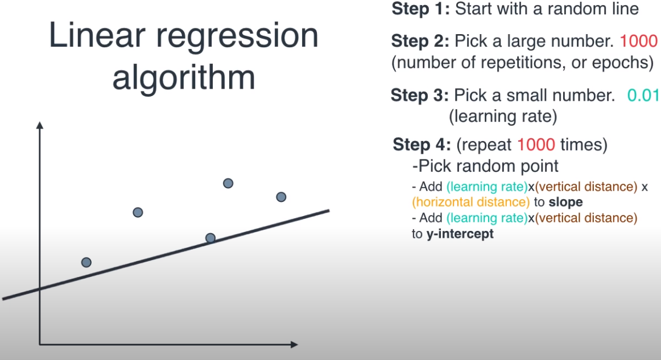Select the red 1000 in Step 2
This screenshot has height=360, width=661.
click(638, 41)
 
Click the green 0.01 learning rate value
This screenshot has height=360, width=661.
click(642, 96)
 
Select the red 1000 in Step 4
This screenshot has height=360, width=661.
click(535, 145)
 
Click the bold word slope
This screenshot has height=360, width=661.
click(565, 202)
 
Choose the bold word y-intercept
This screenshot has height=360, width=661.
click(460, 234)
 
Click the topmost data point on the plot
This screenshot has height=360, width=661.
click(228, 183)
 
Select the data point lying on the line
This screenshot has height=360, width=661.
click(210, 238)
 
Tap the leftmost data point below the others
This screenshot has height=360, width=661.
click(86, 262)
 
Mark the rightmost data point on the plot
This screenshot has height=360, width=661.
click(281, 197)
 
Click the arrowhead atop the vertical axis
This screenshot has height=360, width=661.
click(39, 125)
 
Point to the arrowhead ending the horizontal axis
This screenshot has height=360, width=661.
click(294, 344)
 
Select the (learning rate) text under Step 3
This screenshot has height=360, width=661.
click(502, 117)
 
